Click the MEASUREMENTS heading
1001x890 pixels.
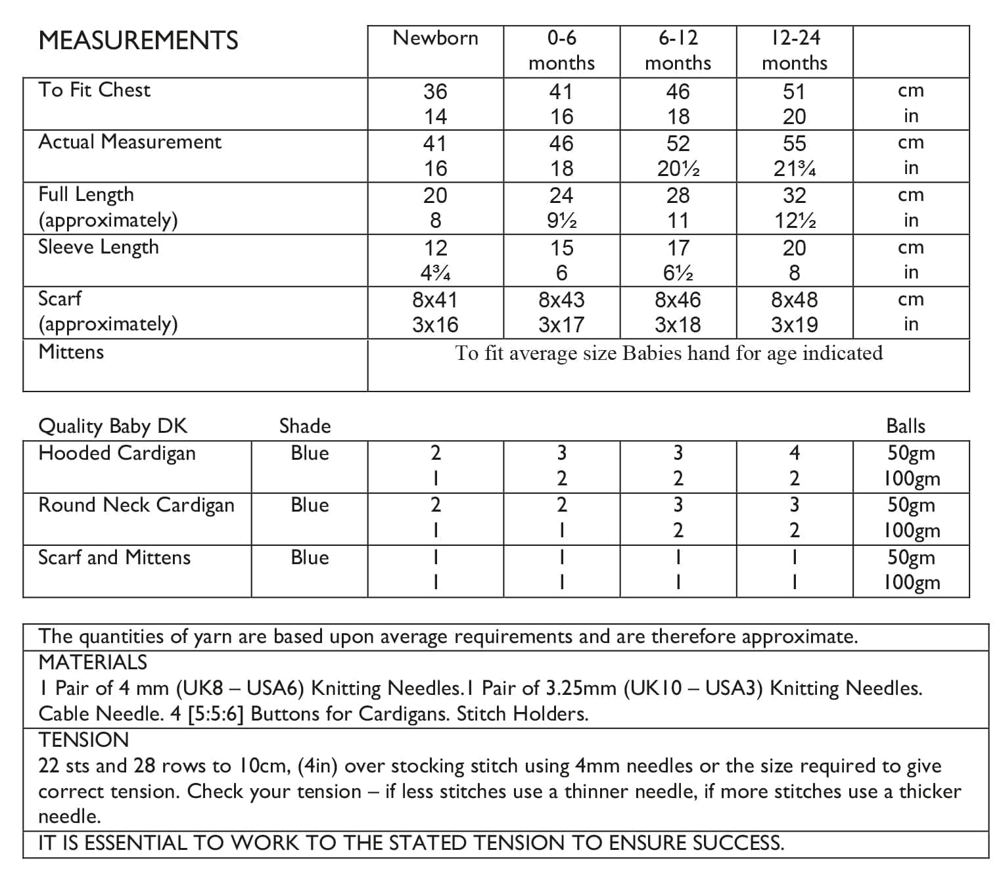[138, 41]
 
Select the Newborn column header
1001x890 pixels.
[435, 38]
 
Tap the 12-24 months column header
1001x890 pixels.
[795, 50]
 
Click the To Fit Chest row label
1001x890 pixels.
[94, 90]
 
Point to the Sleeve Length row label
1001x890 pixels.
[99, 247]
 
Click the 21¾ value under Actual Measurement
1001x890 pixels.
[795, 169]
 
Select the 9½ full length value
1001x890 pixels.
[561, 221]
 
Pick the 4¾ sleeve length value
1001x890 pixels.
[435, 273]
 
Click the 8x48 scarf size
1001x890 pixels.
[795, 300]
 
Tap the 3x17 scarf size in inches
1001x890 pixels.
[561, 325]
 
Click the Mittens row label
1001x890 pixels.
[71, 352]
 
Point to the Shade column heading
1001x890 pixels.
[305, 426]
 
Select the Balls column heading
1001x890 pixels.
[906, 426]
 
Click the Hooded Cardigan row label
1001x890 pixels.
[117, 453]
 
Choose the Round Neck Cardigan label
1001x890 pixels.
[136, 505]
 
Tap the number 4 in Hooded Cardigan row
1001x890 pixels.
[795, 453]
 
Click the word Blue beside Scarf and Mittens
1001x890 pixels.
[310, 558]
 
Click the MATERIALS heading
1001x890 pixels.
[93, 662]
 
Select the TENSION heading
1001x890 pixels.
[83, 740]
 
